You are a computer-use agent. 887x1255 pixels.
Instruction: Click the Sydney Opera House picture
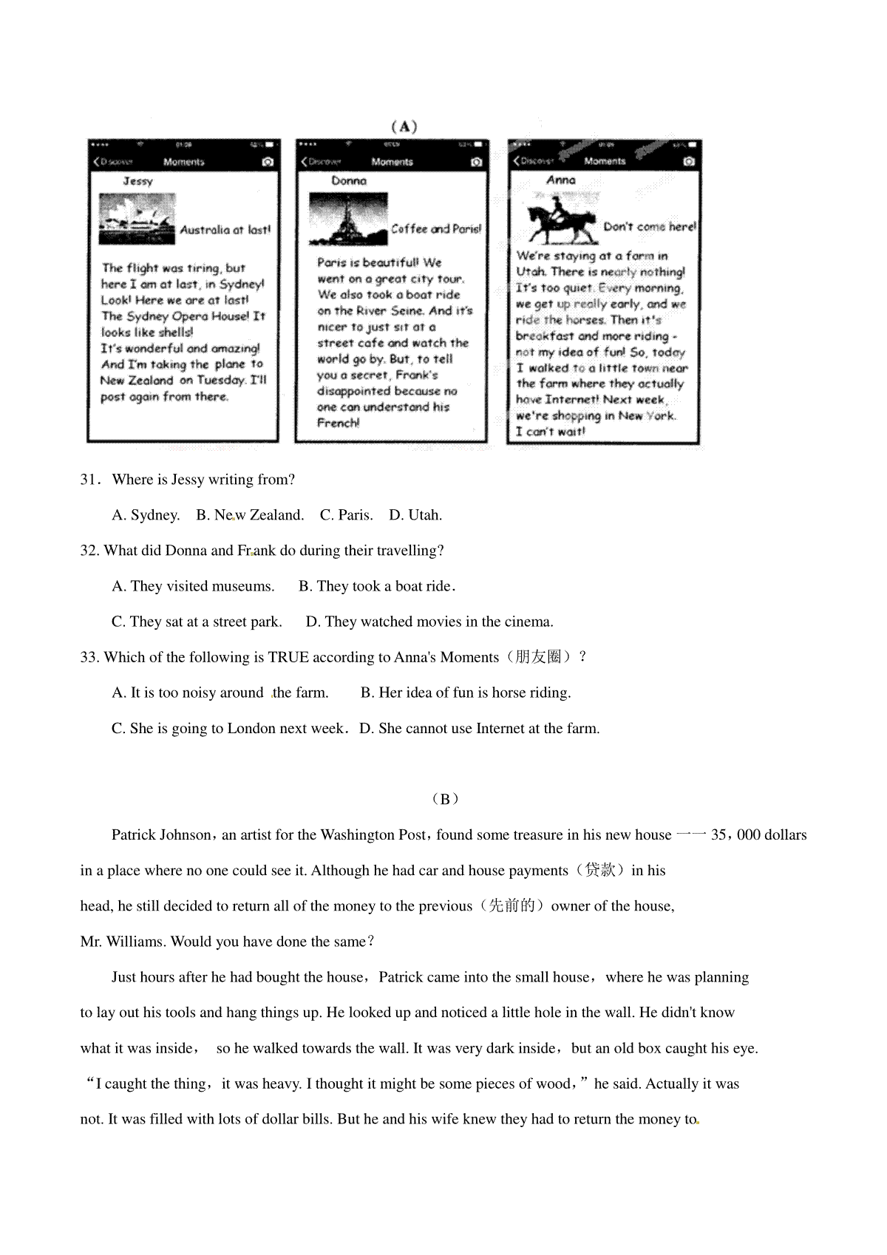pyautogui.click(x=137, y=219)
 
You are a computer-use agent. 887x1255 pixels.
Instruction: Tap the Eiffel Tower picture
pyautogui.click(x=348, y=219)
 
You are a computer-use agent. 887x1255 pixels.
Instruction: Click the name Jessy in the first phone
pyautogui.click(x=137, y=181)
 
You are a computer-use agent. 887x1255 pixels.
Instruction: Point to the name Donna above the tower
pyautogui.click(x=348, y=180)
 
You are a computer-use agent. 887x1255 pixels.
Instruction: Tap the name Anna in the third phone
pyautogui.click(x=561, y=180)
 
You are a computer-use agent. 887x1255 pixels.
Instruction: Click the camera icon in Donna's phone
pyautogui.click(x=477, y=162)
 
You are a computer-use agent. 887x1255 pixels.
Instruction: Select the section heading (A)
pyautogui.click(x=404, y=126)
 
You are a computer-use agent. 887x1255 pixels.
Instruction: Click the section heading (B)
pyautogui.click(x=444, y=799)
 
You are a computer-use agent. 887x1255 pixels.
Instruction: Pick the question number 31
pyautogui.click(x=89, y=480)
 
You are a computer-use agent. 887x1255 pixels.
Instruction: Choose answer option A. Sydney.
pyautogui.click(x=146, y=515)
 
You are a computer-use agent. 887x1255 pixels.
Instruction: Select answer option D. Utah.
pyautogui.click(x=415, y=515)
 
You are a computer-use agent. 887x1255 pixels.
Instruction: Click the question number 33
pyautogui.click(x=89, y=657)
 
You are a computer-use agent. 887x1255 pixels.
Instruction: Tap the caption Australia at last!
pyautogui.click(x=225, y=230)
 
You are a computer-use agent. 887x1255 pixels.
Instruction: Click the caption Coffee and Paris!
pyautogui.click(x=436, y=229)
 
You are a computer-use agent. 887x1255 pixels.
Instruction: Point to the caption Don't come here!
pyautogui.click(x=650, y=227)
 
